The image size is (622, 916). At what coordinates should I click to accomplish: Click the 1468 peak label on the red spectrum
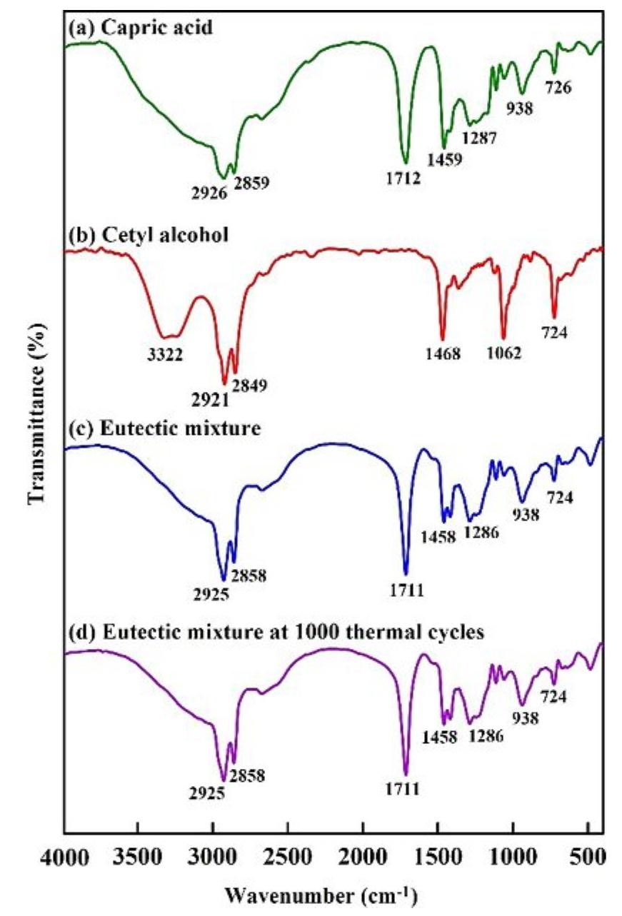point(441,353)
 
